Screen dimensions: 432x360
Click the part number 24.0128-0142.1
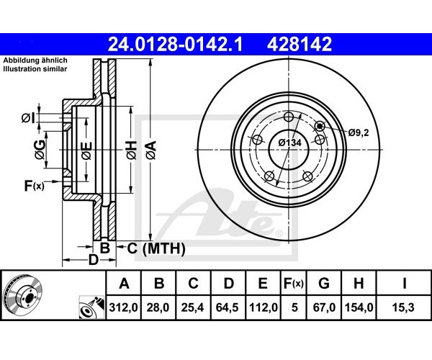tap(175, 45)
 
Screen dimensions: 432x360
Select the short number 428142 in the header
tap(300, 45)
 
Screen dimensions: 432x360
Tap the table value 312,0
tap(123, 307)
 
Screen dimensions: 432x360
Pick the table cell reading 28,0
tap(158, 307)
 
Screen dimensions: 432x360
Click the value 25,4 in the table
tap(193, 307)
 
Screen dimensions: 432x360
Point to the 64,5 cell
tap(228, 307)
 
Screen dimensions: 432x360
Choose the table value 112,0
tap(264, 307)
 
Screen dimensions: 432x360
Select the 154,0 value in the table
tap(359, 307)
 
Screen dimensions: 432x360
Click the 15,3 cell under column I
tap(404, 307)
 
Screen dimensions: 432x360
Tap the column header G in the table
tap(324, 283)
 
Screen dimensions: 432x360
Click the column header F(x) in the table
tap(294, 284)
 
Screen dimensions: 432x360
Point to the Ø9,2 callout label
tap(359, 132)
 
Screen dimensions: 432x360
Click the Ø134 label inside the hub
tap(289, 143)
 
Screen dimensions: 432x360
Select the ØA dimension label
tap(151, 150)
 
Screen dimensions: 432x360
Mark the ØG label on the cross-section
tap(40, 150)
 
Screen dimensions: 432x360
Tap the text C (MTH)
tap(156, 248)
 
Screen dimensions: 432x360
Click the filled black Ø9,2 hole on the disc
tap(320, 126)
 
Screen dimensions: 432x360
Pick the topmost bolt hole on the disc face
tap(289, 117)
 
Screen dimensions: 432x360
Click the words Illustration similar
tap(35, 69)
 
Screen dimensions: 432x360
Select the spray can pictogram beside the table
tap(91, 307)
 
